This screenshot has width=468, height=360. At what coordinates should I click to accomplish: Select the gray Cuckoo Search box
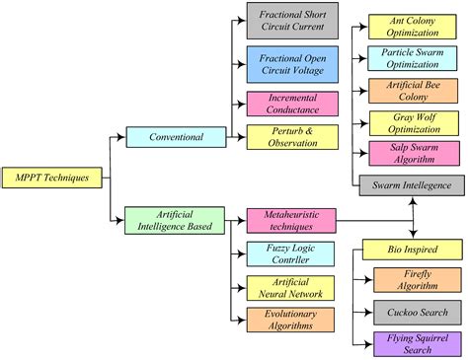pyautogui.click(x=414, y=313)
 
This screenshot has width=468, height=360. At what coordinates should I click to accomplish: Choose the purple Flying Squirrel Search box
pyautogui.click(x=414, y=343)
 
